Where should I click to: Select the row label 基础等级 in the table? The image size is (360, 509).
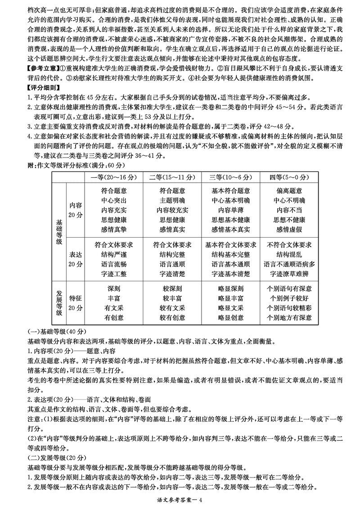pos(58,232)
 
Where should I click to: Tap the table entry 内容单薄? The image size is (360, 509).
pos(230,210)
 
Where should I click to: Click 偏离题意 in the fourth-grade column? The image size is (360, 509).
pos(289,191)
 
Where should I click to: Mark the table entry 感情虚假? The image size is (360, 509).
pos(289,230)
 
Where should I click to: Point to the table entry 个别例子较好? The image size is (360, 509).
pos(289,298)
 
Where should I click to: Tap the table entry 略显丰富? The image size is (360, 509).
pos(230,298)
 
